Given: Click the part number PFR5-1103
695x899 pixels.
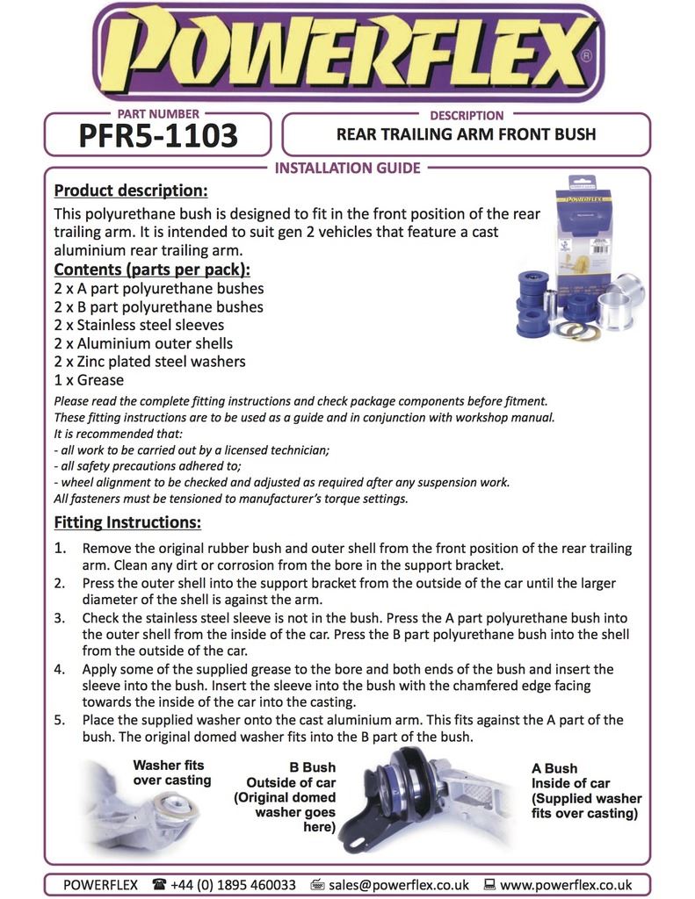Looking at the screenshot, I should click(x=158, y=136).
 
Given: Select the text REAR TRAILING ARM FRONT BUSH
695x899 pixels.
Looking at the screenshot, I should click(x=466, y=134).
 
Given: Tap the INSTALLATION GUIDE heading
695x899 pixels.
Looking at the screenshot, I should click(x=348, y=168).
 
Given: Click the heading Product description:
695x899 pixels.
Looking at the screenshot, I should click(x=131, y=191).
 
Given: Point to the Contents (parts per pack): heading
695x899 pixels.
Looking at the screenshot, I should click(x=152, y=269).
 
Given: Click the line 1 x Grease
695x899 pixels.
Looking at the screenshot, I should click(x=89, y=380).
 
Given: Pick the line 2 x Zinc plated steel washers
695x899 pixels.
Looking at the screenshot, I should click(x=149, y=362).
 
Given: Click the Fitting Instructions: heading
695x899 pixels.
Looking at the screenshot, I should click(x=127, y=522).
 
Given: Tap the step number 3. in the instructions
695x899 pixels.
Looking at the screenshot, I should click(x=60, y=618).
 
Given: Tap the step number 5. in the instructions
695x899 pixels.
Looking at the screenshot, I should click(x=60, y=720).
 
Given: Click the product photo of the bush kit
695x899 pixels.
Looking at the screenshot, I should click(x=580, y=263).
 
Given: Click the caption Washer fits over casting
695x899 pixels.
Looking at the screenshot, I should click(x=172, y=773).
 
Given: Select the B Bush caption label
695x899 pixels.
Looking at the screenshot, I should click(x=312, y=767).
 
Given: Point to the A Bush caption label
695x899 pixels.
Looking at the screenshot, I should click(x=554, y=767).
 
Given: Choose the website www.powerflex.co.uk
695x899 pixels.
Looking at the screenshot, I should click(x=566, y=885).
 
